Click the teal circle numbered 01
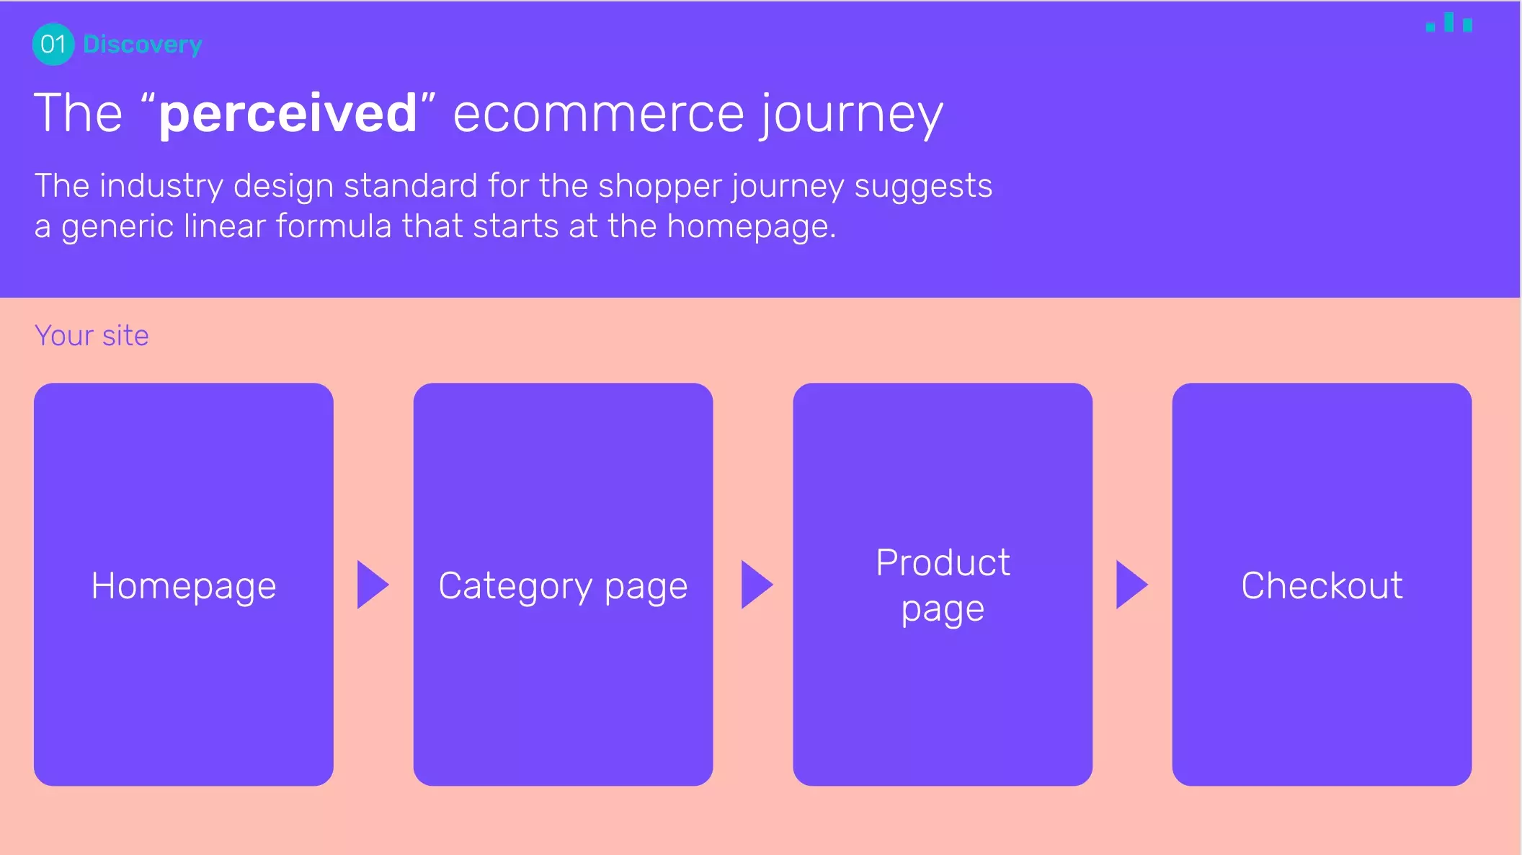click(53, 44)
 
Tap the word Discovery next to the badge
click(143, 45)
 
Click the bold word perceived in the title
click(288, 114)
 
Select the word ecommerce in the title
click(598, 114)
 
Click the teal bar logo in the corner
click(1448, 22)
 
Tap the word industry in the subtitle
click(161, 187)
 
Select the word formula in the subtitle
click(334, 226)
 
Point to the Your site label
click(92, 336)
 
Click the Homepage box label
click(184, 586)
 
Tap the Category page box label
click(563, 586)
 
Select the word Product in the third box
click(943, 562)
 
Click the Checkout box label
click(1322, 585)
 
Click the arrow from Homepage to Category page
click(373, 585)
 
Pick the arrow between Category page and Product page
click(757, 585)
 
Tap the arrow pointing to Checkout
click(1132, 585)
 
